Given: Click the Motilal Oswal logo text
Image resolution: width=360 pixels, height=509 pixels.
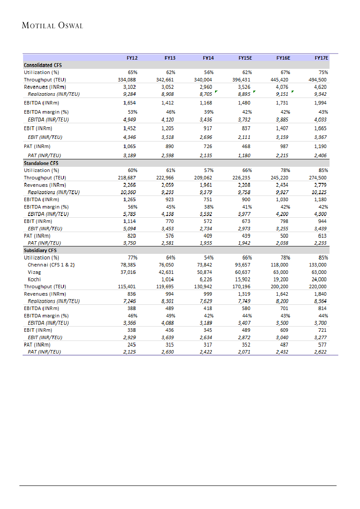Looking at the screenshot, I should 52,25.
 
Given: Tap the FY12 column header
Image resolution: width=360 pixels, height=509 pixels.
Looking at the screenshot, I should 132,57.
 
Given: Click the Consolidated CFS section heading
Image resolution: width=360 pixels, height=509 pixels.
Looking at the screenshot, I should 43,65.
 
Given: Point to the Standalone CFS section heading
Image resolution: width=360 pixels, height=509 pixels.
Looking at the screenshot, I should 41,163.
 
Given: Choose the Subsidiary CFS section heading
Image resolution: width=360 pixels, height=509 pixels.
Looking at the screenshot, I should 40,250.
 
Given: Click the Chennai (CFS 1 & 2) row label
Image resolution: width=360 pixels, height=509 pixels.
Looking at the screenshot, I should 51,265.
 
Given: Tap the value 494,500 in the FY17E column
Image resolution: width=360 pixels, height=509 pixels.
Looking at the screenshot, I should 317,80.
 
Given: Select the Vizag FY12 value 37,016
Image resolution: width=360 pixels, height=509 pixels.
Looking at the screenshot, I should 129,272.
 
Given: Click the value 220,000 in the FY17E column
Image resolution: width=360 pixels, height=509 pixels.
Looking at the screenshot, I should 317,287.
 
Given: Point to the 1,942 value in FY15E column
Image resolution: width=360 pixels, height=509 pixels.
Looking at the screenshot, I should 244,243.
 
